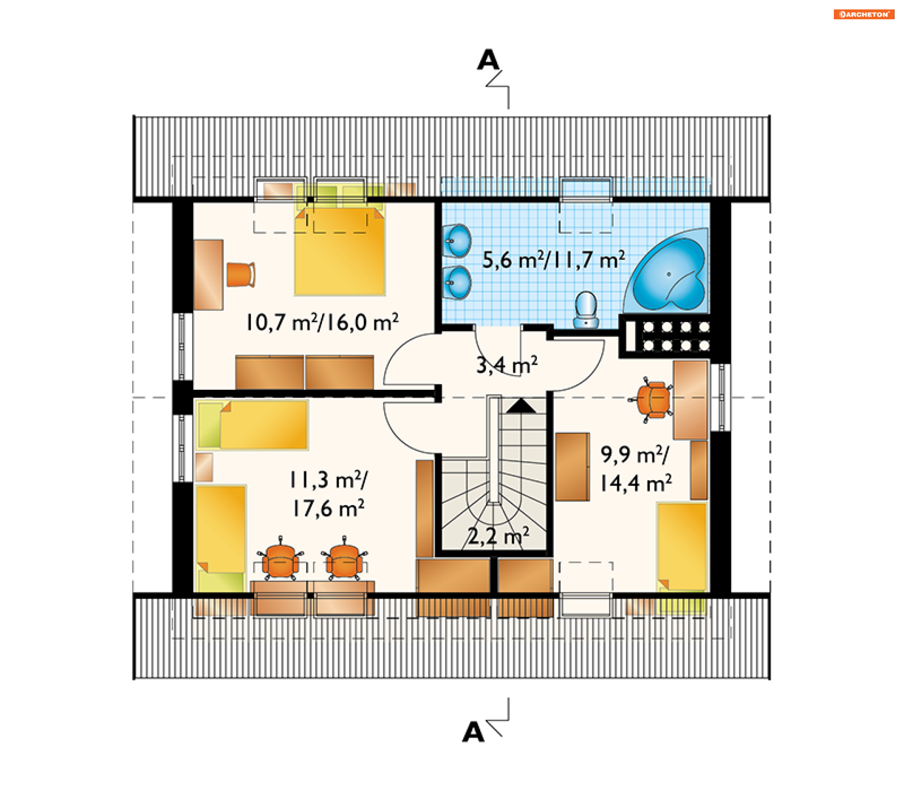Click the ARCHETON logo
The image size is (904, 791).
click(864, 14)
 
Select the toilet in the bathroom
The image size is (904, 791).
click(586, 309)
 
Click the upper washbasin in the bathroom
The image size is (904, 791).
click(457, 241)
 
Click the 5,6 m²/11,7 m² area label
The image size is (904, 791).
click(554, 260)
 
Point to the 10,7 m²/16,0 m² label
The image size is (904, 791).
click(322, 323)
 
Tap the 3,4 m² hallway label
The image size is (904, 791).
click(507, 365)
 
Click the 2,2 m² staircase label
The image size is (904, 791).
click(499, 536)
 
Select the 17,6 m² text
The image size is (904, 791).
click(328, 508)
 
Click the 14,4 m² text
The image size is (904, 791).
click(636, 483)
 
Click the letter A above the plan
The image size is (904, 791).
click(488, 60)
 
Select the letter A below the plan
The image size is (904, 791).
click(473, 732)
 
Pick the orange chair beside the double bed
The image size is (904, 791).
click(241, 274)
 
